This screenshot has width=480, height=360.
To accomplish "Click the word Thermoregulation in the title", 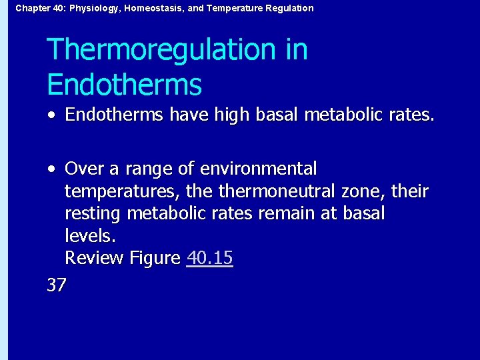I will (x=161, y=51).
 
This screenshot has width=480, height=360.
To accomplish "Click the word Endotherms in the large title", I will (x=124, y=85).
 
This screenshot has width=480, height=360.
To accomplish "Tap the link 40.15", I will (x=210, y=258).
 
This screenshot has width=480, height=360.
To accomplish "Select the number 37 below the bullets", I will (x=57, y=285).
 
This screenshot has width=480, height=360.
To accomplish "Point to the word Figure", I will (x=157, y=258).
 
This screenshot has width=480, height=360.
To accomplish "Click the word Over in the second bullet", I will (x=84, y=169).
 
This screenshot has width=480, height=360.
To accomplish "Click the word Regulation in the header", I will (x=287, y=8).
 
